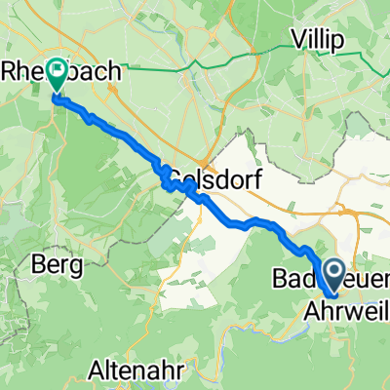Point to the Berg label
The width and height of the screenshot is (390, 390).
pyautogui.click(x=56, y=263)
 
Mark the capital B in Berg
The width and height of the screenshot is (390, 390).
pyautogui.click(x=37, y=262)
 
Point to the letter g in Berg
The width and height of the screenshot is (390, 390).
pyautogui.click(x=73, y=266)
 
